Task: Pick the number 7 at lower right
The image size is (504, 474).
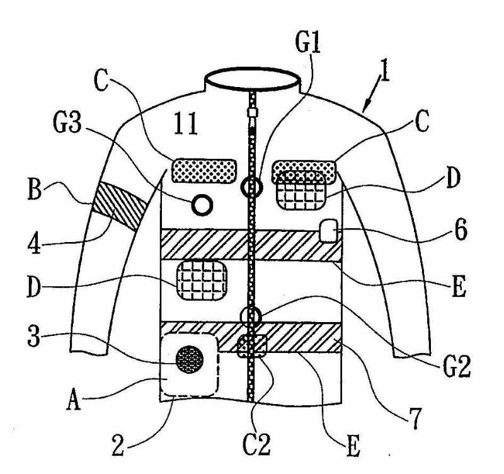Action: (417, 418)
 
